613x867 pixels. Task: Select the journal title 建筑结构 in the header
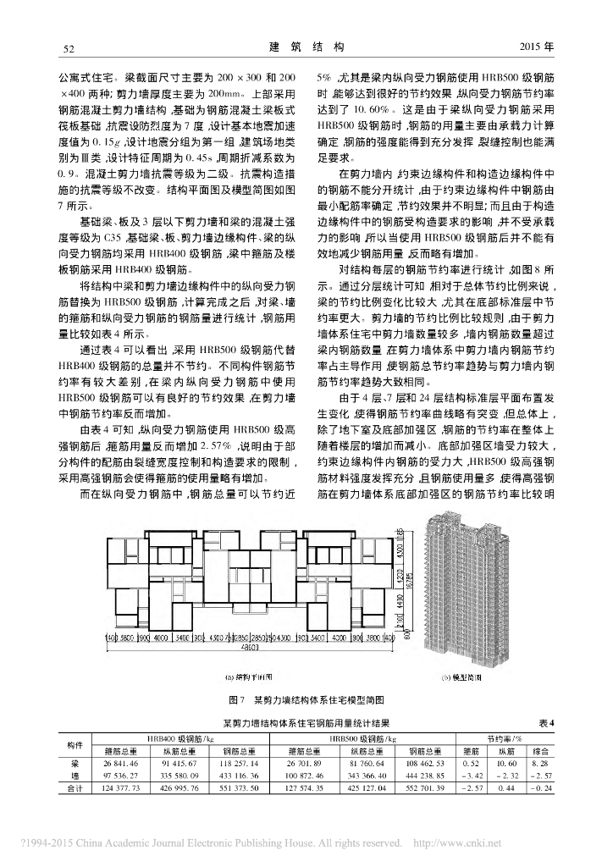pos(306,47)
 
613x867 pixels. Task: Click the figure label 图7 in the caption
pos(236,700)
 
